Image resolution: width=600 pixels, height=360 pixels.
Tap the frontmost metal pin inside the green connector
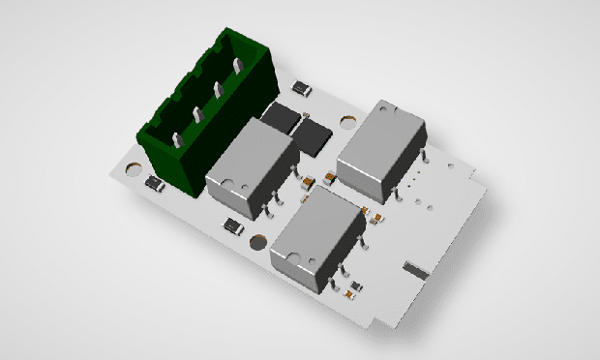[177, 141]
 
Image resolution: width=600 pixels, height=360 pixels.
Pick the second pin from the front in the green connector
[197, 115]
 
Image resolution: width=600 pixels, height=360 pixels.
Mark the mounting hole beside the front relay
[257, 242]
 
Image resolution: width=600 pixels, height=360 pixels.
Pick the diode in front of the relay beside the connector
[233, 225]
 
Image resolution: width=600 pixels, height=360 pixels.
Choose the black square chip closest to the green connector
[283, 118]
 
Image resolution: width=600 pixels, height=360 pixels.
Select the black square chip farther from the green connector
[314, 133]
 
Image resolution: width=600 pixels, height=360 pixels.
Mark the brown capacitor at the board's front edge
[356, 287]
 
